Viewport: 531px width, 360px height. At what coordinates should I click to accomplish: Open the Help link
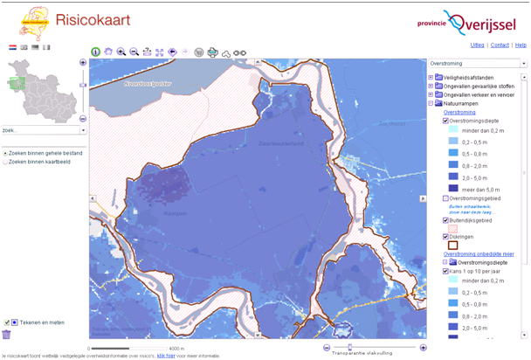click(521, 45)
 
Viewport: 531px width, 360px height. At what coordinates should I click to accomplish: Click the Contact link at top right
click(500, 45)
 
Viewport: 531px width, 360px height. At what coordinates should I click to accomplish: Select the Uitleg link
click(477, 45)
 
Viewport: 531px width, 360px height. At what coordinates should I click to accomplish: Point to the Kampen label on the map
click(175, 212)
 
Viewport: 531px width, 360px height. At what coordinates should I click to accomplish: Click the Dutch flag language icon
click(13, 47)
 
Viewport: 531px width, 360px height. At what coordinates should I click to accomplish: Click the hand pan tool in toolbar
click(108, 52)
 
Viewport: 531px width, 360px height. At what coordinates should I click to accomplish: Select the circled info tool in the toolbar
click(95, 52)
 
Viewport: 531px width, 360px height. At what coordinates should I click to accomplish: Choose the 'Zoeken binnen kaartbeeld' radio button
click(5, 162)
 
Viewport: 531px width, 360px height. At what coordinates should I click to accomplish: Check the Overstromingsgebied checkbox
click(445, 199)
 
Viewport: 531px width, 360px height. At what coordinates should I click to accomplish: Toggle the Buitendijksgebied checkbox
click(445, 220)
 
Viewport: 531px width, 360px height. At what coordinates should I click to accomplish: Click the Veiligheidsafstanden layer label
click(468, 77)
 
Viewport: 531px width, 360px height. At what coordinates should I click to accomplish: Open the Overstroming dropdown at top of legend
click(478, 64)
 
